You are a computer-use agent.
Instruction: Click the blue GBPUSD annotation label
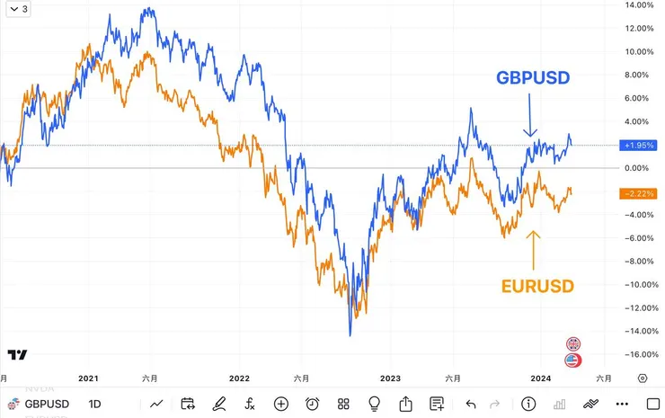pyautogui.click(x=534, y=78)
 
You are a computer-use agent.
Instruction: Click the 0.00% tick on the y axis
pyautogui.click(x=637, y=168)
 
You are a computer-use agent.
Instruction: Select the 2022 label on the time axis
pyautogui.click(x=239, y=379)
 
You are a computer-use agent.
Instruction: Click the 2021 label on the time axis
pyautogui.click(x=88, y=379)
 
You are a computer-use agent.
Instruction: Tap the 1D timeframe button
pyautogui.click(x=95, y=404)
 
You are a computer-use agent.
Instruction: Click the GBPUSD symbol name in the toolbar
pyautogui.click(x=47, y=404)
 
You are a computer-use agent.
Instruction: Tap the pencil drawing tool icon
pyautogui.click(x=218, y=404)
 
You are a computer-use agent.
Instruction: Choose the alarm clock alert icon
pyautogui.click(x=312, y=404)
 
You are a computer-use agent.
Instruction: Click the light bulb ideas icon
pyautogui.click(x=375, y=404)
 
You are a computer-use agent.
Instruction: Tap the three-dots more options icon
pyautogui.click(x=623, y=404)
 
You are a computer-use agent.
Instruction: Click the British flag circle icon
pyautogui.click(x=573, y=343)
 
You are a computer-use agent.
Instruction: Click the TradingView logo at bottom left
pyautogui.click(x=16, y=355)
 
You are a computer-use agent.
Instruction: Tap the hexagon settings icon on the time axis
pyautogui.click(x=643, y=379)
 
